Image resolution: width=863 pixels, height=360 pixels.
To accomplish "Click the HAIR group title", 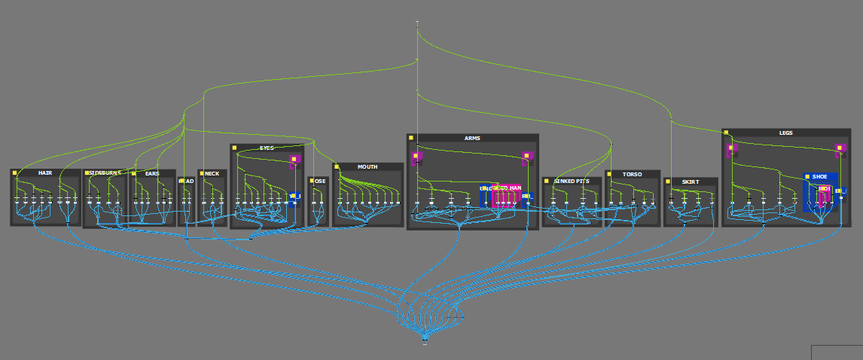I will point(45,173).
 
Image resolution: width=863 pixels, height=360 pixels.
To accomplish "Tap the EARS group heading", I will point(152,174).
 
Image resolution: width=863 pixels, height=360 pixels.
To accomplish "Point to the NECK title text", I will point(212,174).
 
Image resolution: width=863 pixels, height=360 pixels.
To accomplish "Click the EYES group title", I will point(267,148).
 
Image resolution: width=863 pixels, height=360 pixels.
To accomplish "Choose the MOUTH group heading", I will point(367,167).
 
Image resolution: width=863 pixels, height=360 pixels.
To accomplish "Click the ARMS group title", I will point(472,139).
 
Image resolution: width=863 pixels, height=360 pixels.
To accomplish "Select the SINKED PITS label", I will point(572,182).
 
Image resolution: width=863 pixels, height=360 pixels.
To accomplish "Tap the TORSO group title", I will point(633,175).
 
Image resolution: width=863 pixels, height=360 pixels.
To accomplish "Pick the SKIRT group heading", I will point(690,182).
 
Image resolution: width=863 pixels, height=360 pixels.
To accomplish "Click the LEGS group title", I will point(785,133).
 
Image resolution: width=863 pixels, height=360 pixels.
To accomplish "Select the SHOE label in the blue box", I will point(819,177).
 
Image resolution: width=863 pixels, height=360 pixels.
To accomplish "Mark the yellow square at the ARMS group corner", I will point(411,139).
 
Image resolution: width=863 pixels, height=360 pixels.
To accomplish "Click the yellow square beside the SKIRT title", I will point(668,182).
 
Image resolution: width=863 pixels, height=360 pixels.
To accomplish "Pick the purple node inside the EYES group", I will point(294,160).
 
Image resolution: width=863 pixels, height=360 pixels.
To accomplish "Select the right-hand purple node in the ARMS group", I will point(527,157).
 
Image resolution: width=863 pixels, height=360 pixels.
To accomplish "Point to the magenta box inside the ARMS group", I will point(508,195).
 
